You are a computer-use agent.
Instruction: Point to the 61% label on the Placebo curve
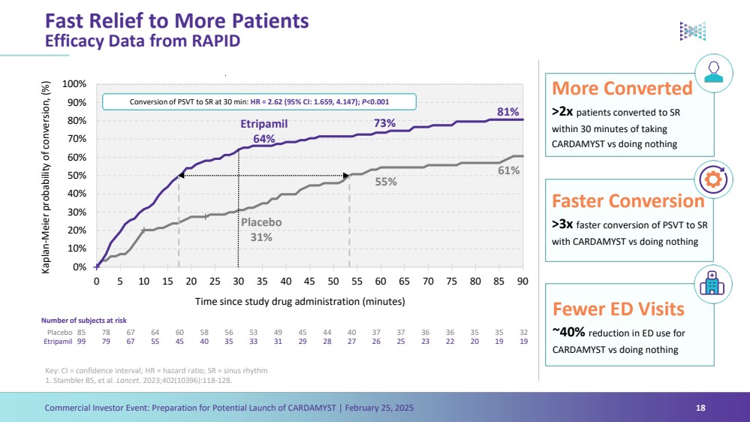pos(508,170)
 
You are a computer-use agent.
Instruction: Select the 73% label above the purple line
pos(385,122)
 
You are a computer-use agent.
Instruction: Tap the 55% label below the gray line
pos(386,181)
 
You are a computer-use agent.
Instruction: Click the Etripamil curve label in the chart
pos(264,124)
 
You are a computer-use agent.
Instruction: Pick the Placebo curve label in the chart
pos(261,222)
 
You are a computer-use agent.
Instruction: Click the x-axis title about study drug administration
pos(300,301)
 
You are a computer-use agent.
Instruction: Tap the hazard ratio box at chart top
pos(258,101)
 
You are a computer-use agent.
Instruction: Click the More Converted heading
pos(622,89)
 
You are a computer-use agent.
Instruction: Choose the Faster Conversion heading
pos(628,200)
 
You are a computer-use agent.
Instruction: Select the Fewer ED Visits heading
pos(618,309)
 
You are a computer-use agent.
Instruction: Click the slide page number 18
pos(700,408)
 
